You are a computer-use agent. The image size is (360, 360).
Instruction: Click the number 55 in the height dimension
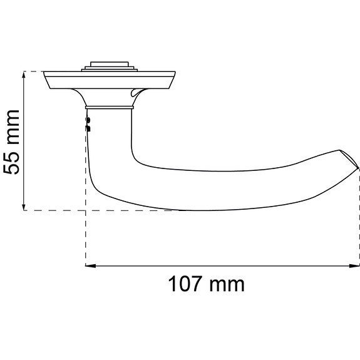coord(12,160)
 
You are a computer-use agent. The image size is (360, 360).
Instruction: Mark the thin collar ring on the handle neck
coord(109,107)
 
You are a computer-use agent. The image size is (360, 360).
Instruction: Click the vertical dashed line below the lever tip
coord(359,219)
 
